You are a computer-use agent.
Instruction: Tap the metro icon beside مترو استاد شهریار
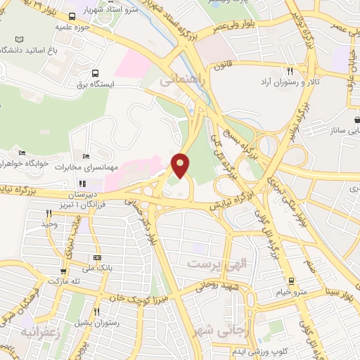[73, 16]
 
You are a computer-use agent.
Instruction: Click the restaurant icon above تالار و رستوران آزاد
[290, 71]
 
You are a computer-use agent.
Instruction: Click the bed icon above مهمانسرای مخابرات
[86, 156]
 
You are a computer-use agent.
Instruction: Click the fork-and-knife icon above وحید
[49, 213]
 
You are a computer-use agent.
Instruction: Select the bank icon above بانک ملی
[96, 258]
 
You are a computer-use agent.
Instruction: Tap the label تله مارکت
[62, 281]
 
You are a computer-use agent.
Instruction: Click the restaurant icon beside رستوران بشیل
[96, 311]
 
